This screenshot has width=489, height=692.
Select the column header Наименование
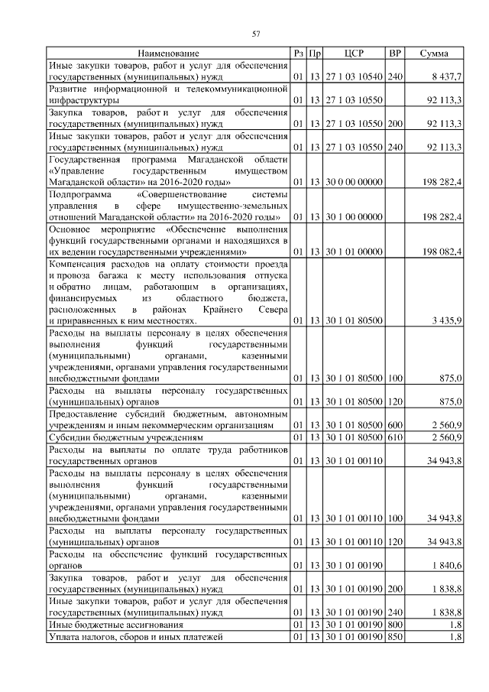click(x=169, y=54)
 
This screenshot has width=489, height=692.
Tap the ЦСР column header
click(x=354, y=54)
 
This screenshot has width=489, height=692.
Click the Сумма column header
click(x=434, y=54)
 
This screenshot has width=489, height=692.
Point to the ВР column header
click(x=395, y=54)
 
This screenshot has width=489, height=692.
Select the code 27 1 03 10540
click(x=354, y=77)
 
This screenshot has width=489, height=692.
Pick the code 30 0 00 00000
click(x=354, y=183)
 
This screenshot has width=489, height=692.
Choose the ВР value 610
click(x=395, y=437)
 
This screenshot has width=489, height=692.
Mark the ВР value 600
click(x=395, y=424)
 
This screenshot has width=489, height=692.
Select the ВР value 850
click(x=395, y=637)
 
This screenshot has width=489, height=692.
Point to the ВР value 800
click(x=395, y=625)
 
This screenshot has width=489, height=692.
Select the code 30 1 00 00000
click(x=354, y=217)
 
